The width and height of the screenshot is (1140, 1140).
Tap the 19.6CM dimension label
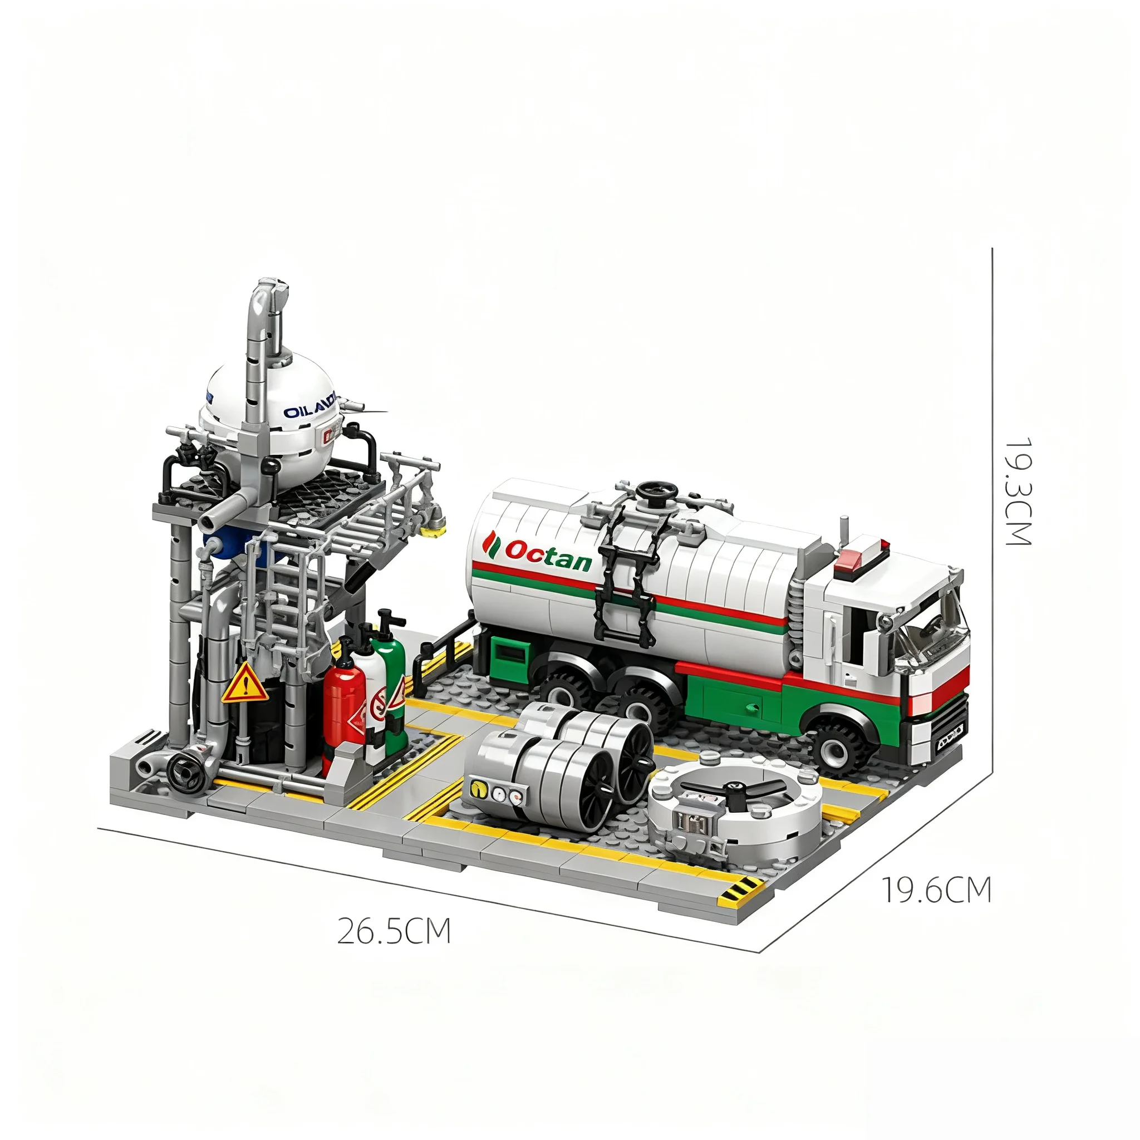click(x=936, y=891)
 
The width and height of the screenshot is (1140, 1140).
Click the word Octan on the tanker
click(x=548, y=555)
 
